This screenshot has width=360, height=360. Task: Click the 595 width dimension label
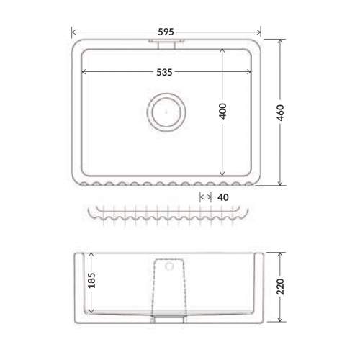click(166, 32)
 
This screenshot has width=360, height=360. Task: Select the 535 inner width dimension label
click(164, 72)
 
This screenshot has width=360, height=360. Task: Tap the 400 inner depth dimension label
click(222, 111)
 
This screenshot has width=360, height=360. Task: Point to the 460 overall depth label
click(280, 112)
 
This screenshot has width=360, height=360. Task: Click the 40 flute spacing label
click(223, 197)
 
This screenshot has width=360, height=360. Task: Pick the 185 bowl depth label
click(91, 280)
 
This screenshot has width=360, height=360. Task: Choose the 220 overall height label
click(280, 287)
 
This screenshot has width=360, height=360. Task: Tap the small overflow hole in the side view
click(169, 266)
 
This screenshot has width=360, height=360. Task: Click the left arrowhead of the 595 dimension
click(73, 32)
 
